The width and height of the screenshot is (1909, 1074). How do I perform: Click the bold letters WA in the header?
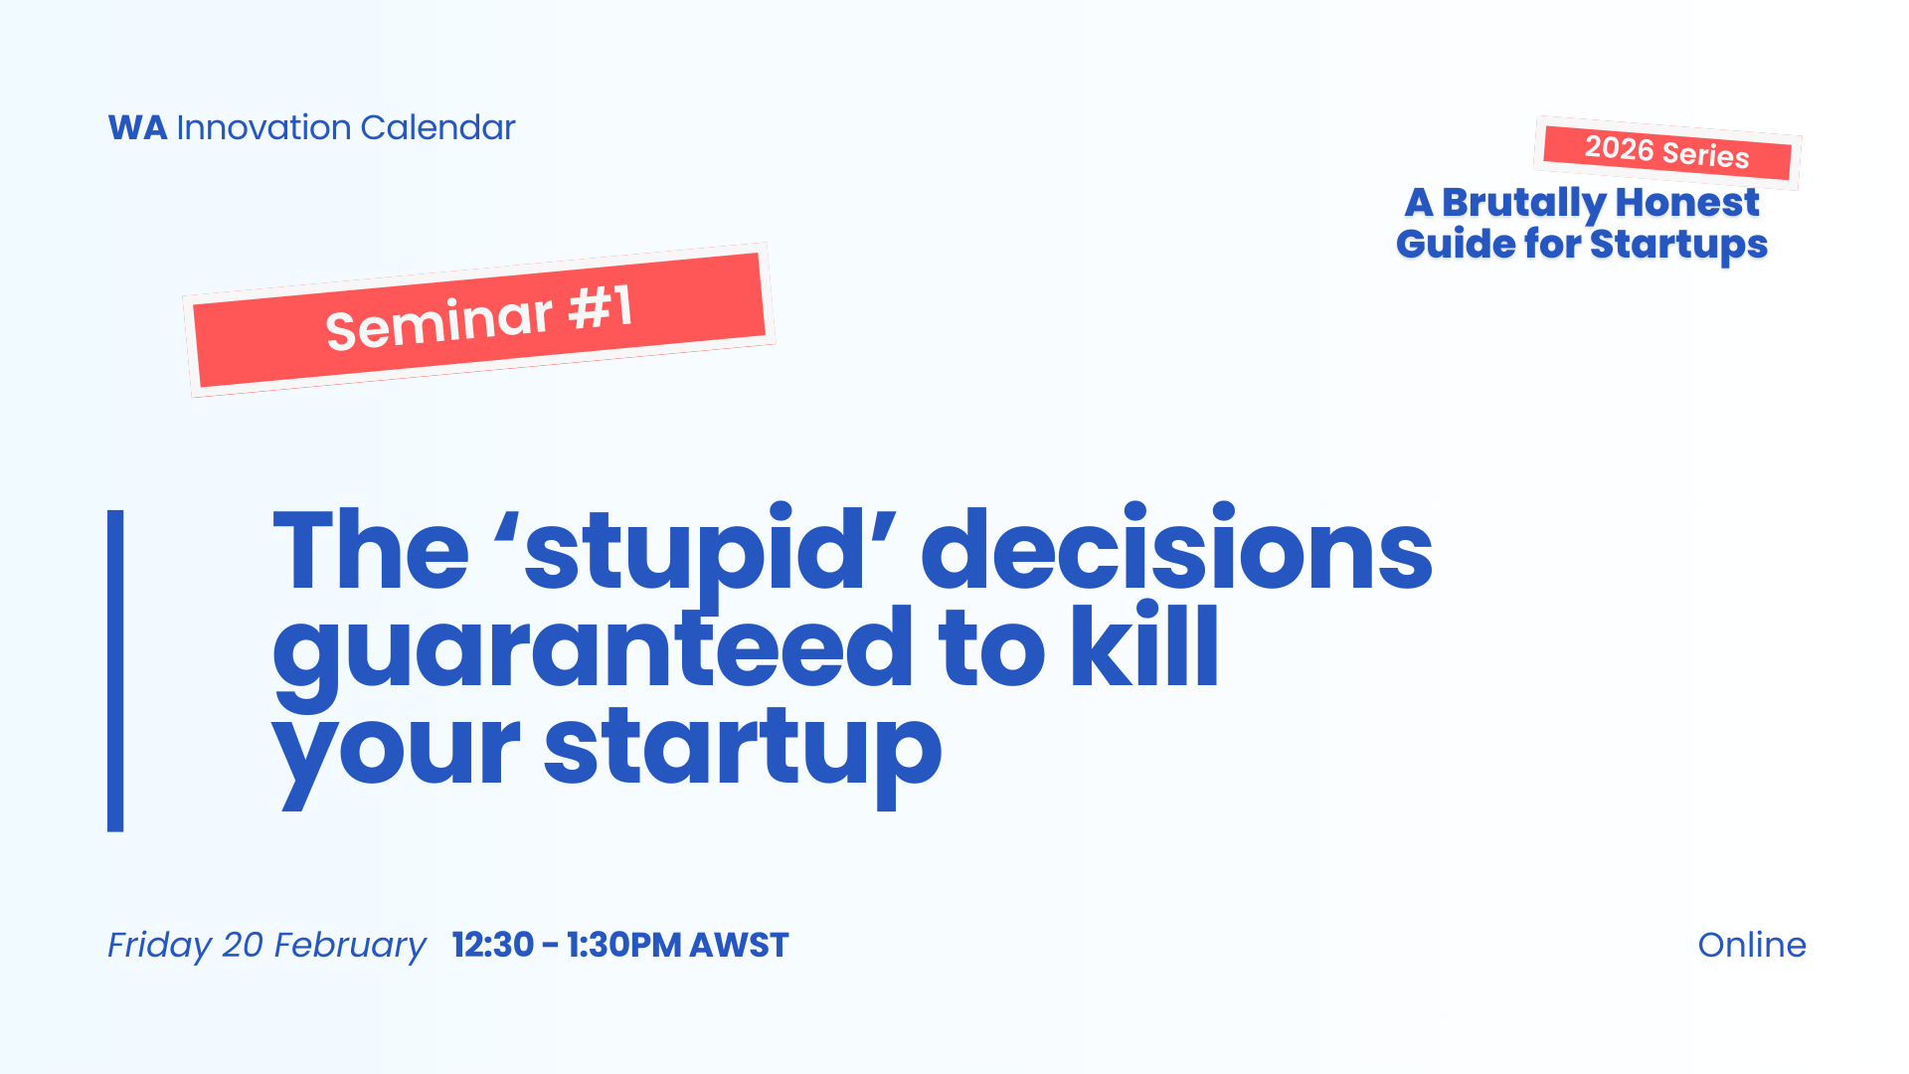137,128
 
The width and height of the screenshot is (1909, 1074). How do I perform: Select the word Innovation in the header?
263,128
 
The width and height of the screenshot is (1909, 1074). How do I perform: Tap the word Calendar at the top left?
437,128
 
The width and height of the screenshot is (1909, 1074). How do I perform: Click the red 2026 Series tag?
1667,152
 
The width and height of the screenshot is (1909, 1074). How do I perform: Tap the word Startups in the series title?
1678,246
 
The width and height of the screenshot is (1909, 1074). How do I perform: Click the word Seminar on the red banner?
438,322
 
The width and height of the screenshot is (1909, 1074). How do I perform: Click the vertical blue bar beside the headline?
115,670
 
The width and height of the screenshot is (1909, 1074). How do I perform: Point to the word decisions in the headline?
1176,547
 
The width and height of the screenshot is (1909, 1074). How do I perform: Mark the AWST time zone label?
739,945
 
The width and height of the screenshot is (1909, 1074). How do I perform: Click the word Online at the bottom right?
1752,945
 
